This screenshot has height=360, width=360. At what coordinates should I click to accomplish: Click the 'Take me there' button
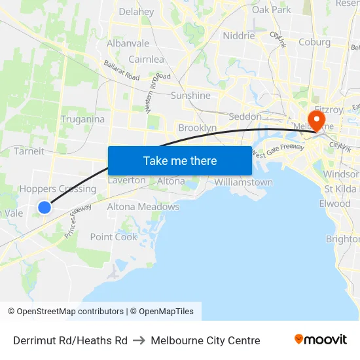tap(180, 160)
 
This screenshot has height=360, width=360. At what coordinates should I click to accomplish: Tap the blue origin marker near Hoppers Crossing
tap(45, 207)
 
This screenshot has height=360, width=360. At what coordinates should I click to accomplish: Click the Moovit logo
tap(320, 340)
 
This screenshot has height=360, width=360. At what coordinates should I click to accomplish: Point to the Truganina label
tap(82, 119)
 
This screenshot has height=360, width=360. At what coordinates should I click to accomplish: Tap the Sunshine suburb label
tap(190, 96)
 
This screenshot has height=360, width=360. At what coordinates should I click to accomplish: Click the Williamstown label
tap(243, 182)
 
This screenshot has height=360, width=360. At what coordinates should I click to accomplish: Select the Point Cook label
tap(114, 237)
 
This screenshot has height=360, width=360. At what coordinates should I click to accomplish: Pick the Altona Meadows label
tap(143, 207)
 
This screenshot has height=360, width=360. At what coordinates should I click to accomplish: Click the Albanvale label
tap(128, 43)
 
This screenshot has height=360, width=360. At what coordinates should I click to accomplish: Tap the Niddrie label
tap(239, 36)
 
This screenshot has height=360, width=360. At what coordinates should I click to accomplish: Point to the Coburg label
tap(314, 43)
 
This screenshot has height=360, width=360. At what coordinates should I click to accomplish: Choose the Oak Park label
tap(271, 10)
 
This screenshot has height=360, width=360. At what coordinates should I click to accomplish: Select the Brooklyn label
tap(197, 128)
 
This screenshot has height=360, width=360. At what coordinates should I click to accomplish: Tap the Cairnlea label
tap(146, 60)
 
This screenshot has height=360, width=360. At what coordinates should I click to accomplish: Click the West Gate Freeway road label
tap(278, 152)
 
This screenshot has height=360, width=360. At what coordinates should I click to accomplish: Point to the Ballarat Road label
tap(122, 71)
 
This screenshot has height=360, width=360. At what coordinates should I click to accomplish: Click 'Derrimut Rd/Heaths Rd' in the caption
tap(70, 340)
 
